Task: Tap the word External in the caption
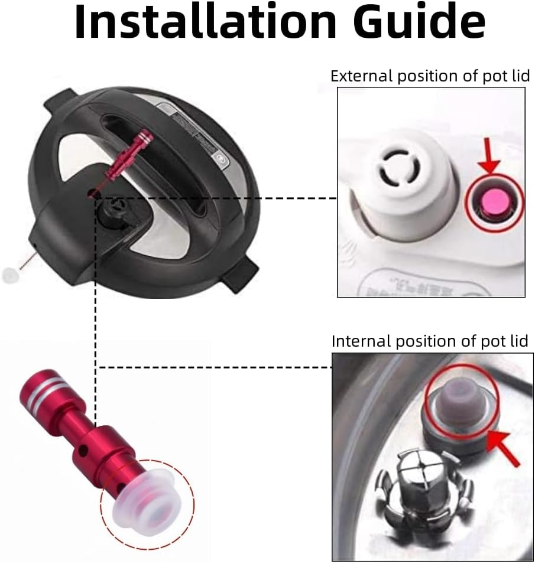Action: click(x=356, y=76)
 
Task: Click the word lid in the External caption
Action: click(x=520, y=76)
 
